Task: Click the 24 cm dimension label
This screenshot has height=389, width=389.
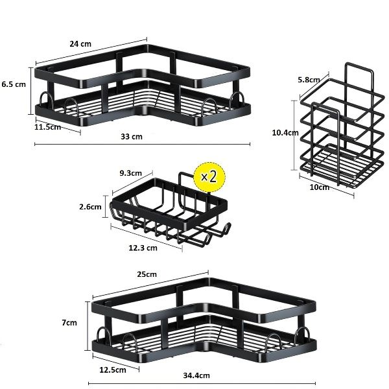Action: (x=80, y=44)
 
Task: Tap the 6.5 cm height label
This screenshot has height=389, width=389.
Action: (x=14, y=84)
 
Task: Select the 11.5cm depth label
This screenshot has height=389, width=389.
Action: (x=47, y=127)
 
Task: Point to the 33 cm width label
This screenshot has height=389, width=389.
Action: (x=132, y=137)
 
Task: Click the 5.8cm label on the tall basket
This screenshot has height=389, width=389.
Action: (x=309, y=80)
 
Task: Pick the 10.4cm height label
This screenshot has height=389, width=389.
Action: (x=285, y=133)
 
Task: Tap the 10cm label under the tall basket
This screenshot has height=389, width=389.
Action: (x=320, y=187)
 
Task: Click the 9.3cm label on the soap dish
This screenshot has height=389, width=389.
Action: (x=131, y=173)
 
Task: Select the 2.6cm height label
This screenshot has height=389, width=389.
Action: (x=90, y=207)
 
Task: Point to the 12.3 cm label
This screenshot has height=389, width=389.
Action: (x=143, y=248)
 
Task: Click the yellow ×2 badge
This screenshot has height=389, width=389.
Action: (x=209, y=177)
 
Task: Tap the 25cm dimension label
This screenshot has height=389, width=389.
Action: (x=147, y=274)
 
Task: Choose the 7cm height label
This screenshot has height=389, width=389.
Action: (x=69, y=323)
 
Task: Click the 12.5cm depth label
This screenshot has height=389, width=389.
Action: (x=113, y=370)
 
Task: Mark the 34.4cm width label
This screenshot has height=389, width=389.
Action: (x=196, y=375)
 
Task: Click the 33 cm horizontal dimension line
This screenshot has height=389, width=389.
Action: (x=142, y=144)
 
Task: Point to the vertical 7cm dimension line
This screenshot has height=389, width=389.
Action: (x=88, y=326)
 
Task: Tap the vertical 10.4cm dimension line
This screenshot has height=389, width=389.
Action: (x=294, y=136)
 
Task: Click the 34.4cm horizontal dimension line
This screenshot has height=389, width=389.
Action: (x=202, y=384)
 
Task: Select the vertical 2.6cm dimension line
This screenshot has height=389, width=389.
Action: (x=106, y=206)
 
